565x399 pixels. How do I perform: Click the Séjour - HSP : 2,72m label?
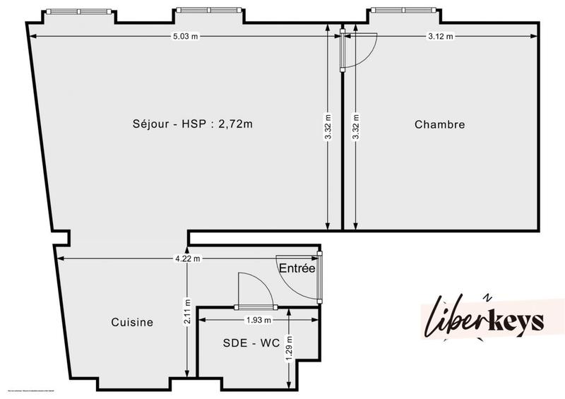tap(193, 124)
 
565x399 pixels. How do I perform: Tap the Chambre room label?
tap(439, 124)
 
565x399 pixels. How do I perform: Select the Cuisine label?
tap(132, 322)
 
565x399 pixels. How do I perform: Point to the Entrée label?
tap(297, 268)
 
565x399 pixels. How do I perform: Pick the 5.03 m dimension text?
tap(185, 36)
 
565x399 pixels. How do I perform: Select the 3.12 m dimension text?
tap(441, 36)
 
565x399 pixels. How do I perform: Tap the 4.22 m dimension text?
tap(187, 258)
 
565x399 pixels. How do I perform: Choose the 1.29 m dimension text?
tap(289, 349)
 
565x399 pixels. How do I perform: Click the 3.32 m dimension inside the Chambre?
tap(355, 127)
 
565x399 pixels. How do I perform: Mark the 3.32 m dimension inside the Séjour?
tap(328, 127)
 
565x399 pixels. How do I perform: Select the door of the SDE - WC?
tap(254, 291)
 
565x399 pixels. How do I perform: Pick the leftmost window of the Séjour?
tap(78, 11)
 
